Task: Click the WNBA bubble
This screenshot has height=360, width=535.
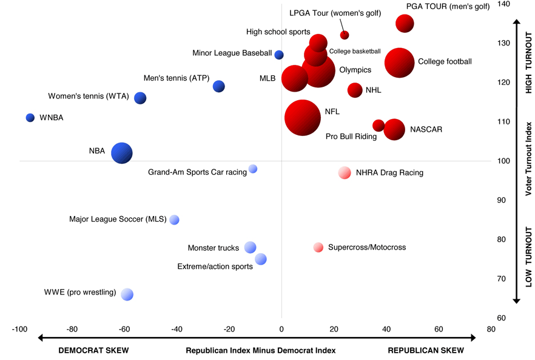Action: coord(30,117)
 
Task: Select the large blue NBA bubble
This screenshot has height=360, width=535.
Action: coord(122,153)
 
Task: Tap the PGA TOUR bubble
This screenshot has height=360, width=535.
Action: coord(405,24)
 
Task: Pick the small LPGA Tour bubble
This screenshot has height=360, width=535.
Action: coord(345,35)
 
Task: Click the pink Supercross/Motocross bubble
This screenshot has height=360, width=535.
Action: coord(318,247)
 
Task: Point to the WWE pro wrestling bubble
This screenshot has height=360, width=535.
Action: coord(127,294)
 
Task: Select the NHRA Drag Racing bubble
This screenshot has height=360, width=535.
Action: coord(345,172)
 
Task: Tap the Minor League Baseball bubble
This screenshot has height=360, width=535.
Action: coord(279,55)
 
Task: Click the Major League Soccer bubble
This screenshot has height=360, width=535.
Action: coord(175,220)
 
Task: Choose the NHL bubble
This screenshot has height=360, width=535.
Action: coord(355,90)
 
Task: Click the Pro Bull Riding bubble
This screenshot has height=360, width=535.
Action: coord(379,126)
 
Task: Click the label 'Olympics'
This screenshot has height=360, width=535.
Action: coord(355,70)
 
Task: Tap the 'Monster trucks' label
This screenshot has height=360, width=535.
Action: coord(214,248)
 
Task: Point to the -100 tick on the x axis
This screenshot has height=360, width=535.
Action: coord(19,329)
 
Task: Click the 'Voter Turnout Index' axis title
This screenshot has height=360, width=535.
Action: coord(528,158)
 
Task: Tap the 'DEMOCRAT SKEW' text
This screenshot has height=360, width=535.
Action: coord(93,350)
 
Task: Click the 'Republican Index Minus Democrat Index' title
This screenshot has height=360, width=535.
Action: coord(260,350)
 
